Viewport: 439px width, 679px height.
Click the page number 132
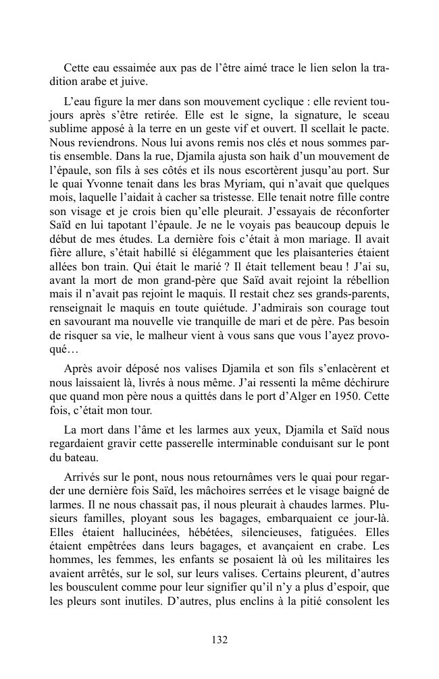tap(219, 640)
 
